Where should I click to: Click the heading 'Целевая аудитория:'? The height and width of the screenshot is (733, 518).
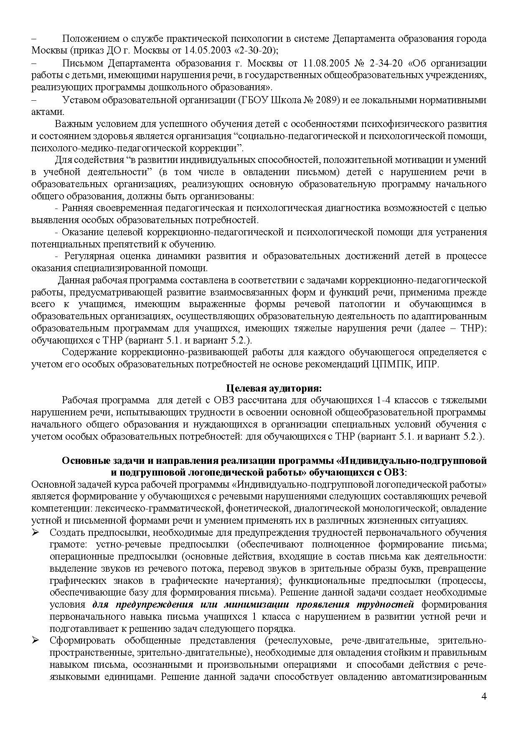click(x=274, y=388)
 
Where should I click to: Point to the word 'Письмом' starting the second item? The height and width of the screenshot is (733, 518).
click(x=81, y=64)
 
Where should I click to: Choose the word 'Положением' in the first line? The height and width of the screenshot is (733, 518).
click(x=89, y=39)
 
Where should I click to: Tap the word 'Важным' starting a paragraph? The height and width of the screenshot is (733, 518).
click(x=73, y=124)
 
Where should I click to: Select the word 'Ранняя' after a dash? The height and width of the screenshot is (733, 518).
click(x=77, y=208)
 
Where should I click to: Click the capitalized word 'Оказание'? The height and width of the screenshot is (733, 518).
click(x=81, y=232)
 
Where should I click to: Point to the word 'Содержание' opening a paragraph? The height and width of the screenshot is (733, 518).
click(x=89, y=352)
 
